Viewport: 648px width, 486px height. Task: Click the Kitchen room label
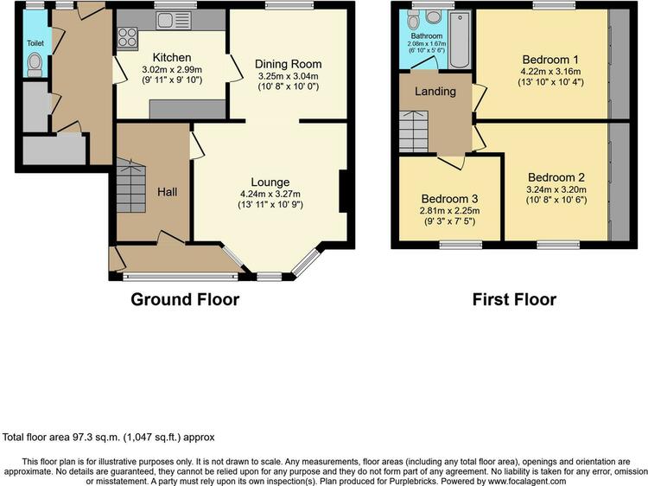click(172, 57)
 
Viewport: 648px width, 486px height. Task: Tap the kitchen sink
click(174, 21)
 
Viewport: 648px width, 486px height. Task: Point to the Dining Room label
click(288, 64)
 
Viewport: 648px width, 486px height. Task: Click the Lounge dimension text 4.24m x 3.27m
click(270, 194)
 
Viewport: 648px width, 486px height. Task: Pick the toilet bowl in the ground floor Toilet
click(35, 65)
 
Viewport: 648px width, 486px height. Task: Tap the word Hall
click(167, 192)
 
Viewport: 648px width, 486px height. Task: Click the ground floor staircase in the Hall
click(131, 185)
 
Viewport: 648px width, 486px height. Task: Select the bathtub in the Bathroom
click(459, 40)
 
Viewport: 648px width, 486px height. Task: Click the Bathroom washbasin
click(433, 16)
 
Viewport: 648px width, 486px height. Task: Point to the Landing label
click(435, 92)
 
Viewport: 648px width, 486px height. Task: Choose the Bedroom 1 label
click(550, 60)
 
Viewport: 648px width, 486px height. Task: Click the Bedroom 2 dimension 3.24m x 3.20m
click(556, 190)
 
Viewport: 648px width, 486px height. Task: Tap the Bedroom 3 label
click(449, 199)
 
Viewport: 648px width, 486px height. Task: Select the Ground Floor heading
click(185, 299)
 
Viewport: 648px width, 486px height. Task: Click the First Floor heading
click(514, 299)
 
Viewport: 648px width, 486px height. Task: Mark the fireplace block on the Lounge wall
click(344, 191)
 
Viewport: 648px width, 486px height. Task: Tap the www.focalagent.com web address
click(527, 482)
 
